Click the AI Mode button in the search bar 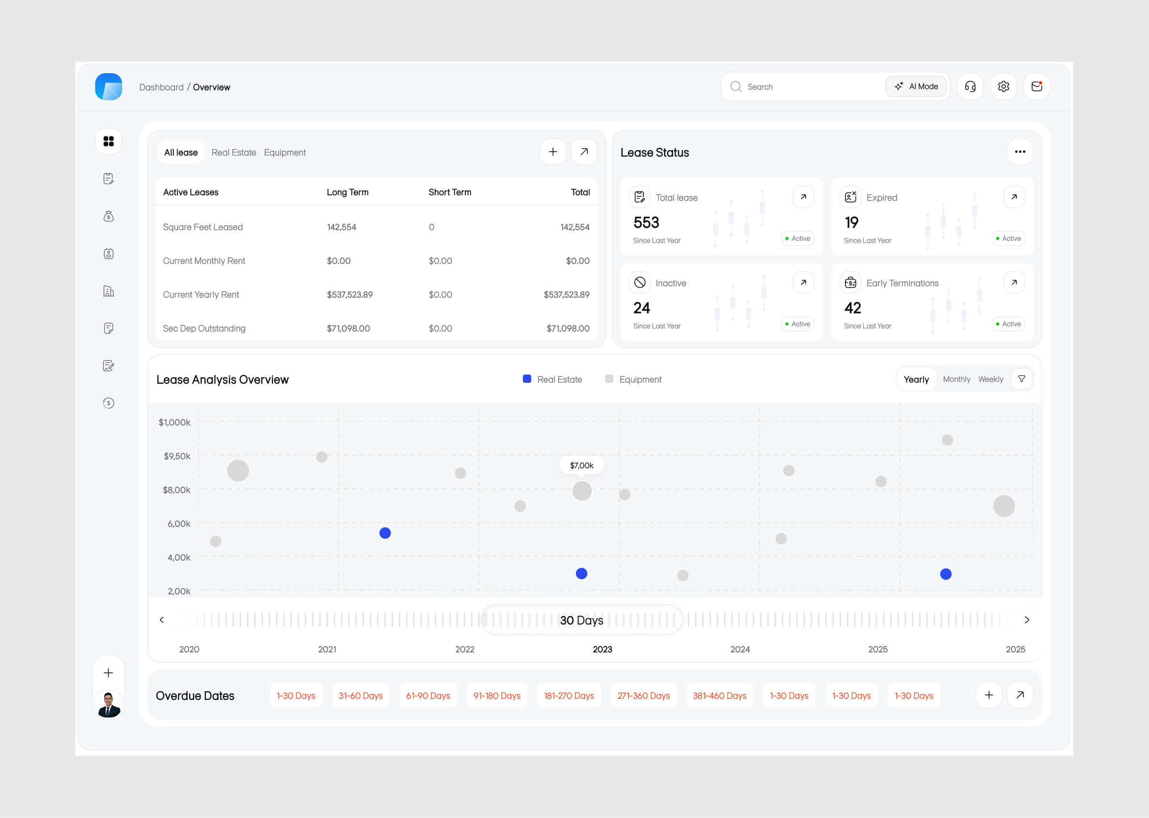click(x=916, y=87)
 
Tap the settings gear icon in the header click(x=1003, y=87)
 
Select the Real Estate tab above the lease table click(x=234, y=153)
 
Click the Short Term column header click(x=450, y=192)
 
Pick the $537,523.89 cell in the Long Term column click(x=349, y=295)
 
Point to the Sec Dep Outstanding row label click(x=204, y=328)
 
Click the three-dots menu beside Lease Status click(x=1020, y=152)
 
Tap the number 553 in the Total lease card click(x=646, y=223)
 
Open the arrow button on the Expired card click(x=1014, y=197)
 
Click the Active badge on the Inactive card click(x=798, y=324)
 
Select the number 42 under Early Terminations click(x=853, y=308)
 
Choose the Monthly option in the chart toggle click(x=956, y=379)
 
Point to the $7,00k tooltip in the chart click(x=581, y=465)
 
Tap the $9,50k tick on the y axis click(x=177, y=456)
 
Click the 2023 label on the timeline click(x=602, y=649)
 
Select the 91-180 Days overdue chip click(x=496, y=695)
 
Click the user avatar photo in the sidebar click(x=108, y=704)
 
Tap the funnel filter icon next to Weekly click(x=1021, y=379)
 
